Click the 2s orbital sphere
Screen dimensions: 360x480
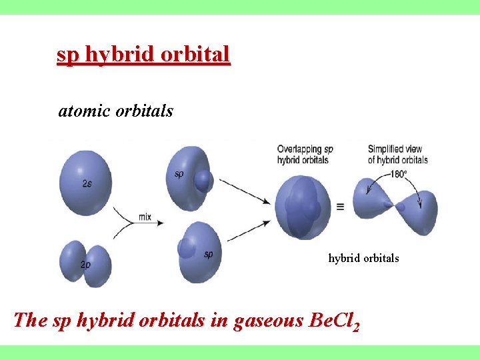[85, 182]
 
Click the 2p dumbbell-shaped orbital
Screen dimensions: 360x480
[85, 265]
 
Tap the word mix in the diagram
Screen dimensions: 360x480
[145, 217]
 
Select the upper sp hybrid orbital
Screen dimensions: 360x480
[190, 175]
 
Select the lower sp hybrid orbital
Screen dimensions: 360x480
[200, 251]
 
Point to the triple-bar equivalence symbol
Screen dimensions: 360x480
[340, 207]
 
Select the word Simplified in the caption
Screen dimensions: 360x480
[388, 149]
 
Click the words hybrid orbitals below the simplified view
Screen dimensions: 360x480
[363, 258]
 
